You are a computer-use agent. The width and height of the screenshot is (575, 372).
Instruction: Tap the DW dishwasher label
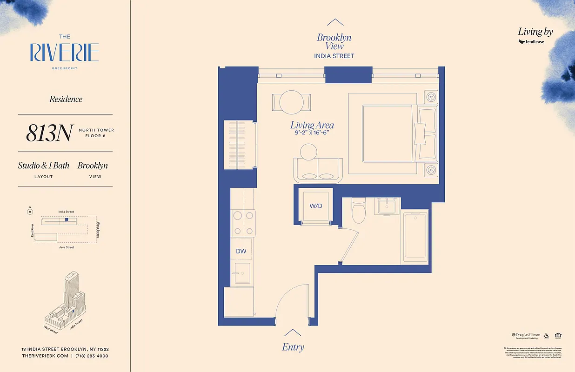click(x=241, y=251)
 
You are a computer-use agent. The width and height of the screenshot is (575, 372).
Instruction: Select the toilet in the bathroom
click(x=359, y=211)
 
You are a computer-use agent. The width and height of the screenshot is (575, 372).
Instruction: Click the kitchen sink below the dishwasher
click(x=242, y=273)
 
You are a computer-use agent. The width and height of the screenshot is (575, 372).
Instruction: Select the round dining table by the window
click(x=292, y=101)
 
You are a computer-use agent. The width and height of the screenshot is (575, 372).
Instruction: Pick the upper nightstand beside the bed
click(x=432, y=97)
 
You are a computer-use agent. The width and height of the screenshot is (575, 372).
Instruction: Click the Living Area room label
click(x=312, y=125)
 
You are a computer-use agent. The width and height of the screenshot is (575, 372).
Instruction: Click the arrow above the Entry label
click(x=293, y=332)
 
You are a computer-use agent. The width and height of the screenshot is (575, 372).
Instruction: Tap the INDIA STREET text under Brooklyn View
click(x=334, y=56)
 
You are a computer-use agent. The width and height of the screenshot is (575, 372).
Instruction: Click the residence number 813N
click(x=49, y=133)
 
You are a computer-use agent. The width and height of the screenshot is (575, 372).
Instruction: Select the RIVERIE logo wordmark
click(x=65, y=53)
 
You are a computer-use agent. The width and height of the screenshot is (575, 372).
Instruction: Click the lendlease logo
click(x=531, y=42)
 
